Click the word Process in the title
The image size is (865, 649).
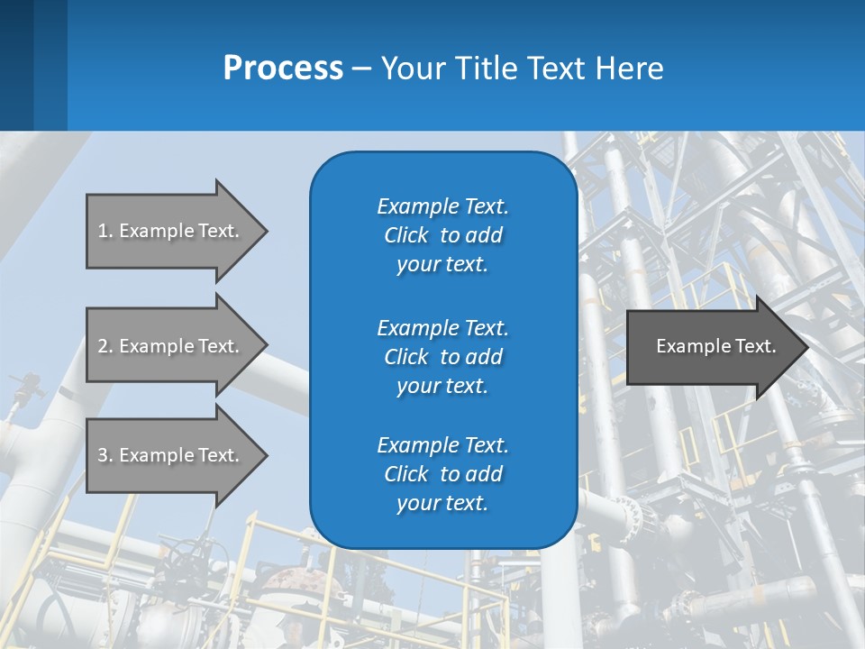point(283,69)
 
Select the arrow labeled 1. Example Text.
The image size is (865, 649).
point(171,231)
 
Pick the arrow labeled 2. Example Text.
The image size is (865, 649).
point(171,346)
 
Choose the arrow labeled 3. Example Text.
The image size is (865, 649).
point(171,455)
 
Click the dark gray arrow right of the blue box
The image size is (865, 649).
point(712,346)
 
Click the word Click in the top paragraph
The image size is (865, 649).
point(406,236)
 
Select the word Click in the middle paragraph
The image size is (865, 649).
point(406,357)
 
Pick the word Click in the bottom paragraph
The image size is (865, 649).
point(406,474)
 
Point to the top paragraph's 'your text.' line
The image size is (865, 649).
point(442,265)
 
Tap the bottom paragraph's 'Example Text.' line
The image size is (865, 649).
point(442,445)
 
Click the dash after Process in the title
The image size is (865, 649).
point(361,69)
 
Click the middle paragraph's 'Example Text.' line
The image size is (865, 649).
point(442,328)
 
